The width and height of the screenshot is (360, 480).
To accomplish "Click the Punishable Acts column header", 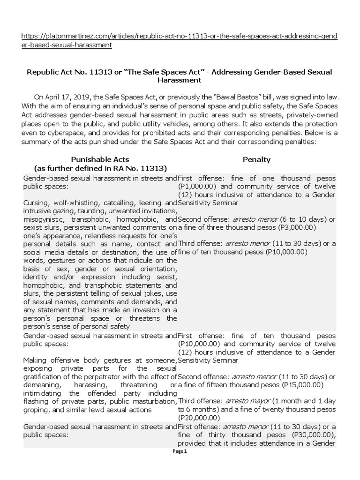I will click(x=100, y=160).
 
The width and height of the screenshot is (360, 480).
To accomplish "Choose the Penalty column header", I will click(x=256, y=160).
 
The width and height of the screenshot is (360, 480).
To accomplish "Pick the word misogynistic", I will click(x=44, y=219).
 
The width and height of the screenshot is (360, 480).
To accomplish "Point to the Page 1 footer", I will click(x=180, y=451).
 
